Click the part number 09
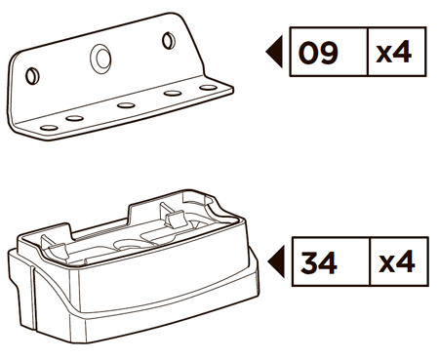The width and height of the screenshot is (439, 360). tap(318, 53)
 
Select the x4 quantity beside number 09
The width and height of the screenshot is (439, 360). tap(394, 53)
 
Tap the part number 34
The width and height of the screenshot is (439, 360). tap(319, 262)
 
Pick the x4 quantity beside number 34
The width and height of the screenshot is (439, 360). tap(397, 261)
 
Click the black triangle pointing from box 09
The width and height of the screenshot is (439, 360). tap(276, 52)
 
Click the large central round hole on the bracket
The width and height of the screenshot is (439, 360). tap(100, 59)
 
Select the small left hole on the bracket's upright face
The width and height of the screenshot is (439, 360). tap(32, 76)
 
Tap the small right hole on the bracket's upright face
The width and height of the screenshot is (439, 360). tap(169, 41)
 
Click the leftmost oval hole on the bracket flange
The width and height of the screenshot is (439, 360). tap(49, 128)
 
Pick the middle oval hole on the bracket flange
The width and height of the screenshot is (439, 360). tap(126, 105)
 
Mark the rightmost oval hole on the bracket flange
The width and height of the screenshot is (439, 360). tap(208, 88)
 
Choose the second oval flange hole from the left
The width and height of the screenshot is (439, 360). tap(74, 118)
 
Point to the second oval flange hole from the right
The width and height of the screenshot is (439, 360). tap(173, 94)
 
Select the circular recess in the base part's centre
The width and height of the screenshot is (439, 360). tap(130, 245)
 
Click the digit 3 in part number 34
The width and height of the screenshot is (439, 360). tap(309, 262)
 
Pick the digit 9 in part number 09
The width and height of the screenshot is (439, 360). tap(329, 53)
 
